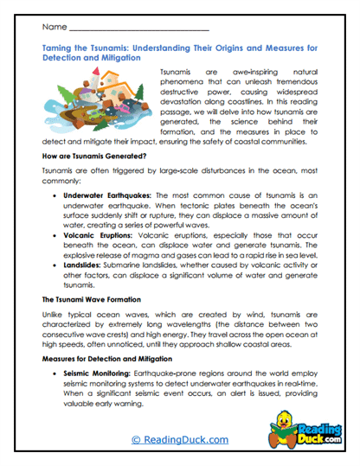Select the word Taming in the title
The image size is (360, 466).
click(58, 51)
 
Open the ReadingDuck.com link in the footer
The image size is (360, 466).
click(179, 439)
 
